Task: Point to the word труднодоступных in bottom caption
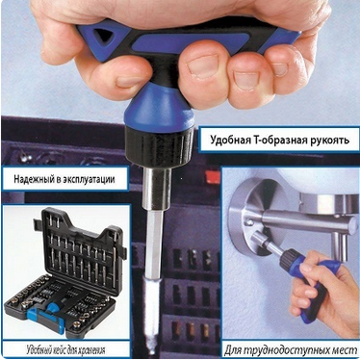click(x=291, y=349)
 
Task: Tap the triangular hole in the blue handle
click(x=103, y=37)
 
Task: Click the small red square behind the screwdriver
click(x=213, y=177)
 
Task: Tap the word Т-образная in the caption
click(x=279, y=141)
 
